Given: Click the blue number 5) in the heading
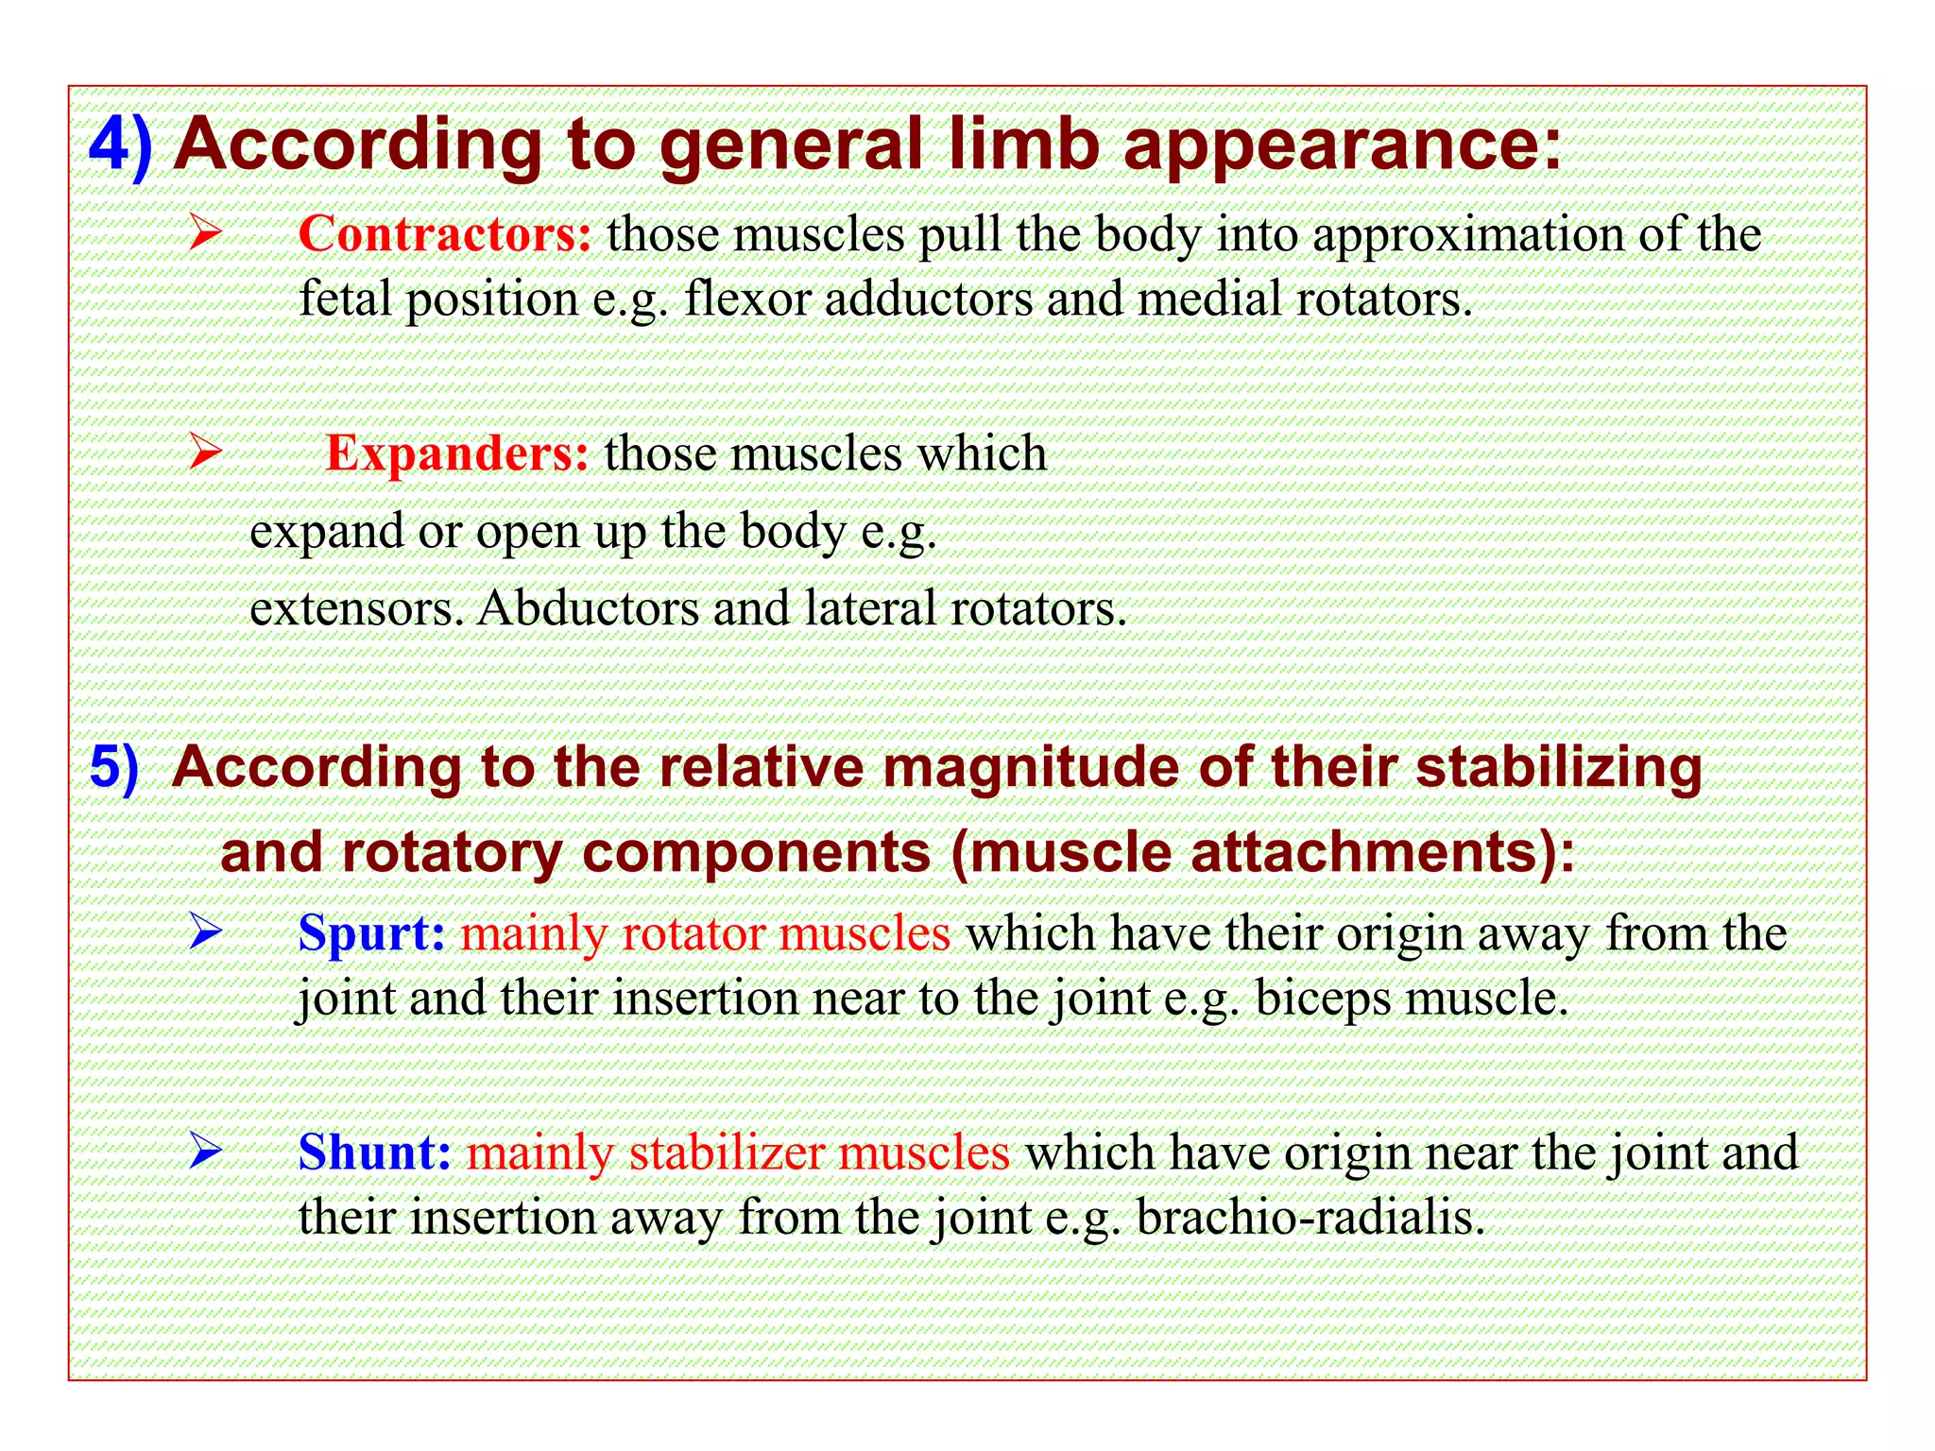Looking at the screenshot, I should click(x=114, y=766).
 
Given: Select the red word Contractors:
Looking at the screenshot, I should click(x=445, y=234).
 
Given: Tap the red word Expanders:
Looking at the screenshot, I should click(x=457, y=453).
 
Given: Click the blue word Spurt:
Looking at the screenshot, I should click(x=371, y=933).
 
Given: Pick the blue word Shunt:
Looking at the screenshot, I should click(x=374, y=1152).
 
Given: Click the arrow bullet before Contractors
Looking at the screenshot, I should click(x=204, y=232).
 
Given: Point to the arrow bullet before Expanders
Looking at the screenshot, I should click(x=204, y=452).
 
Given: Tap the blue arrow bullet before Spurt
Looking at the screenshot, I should click(x=204, y=931).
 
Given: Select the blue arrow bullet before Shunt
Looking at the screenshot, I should click(x=204, y=1151).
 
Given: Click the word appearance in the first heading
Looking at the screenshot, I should click(x=1342, y=146).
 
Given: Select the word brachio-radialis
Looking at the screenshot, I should click(x=1310, y=1217).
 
